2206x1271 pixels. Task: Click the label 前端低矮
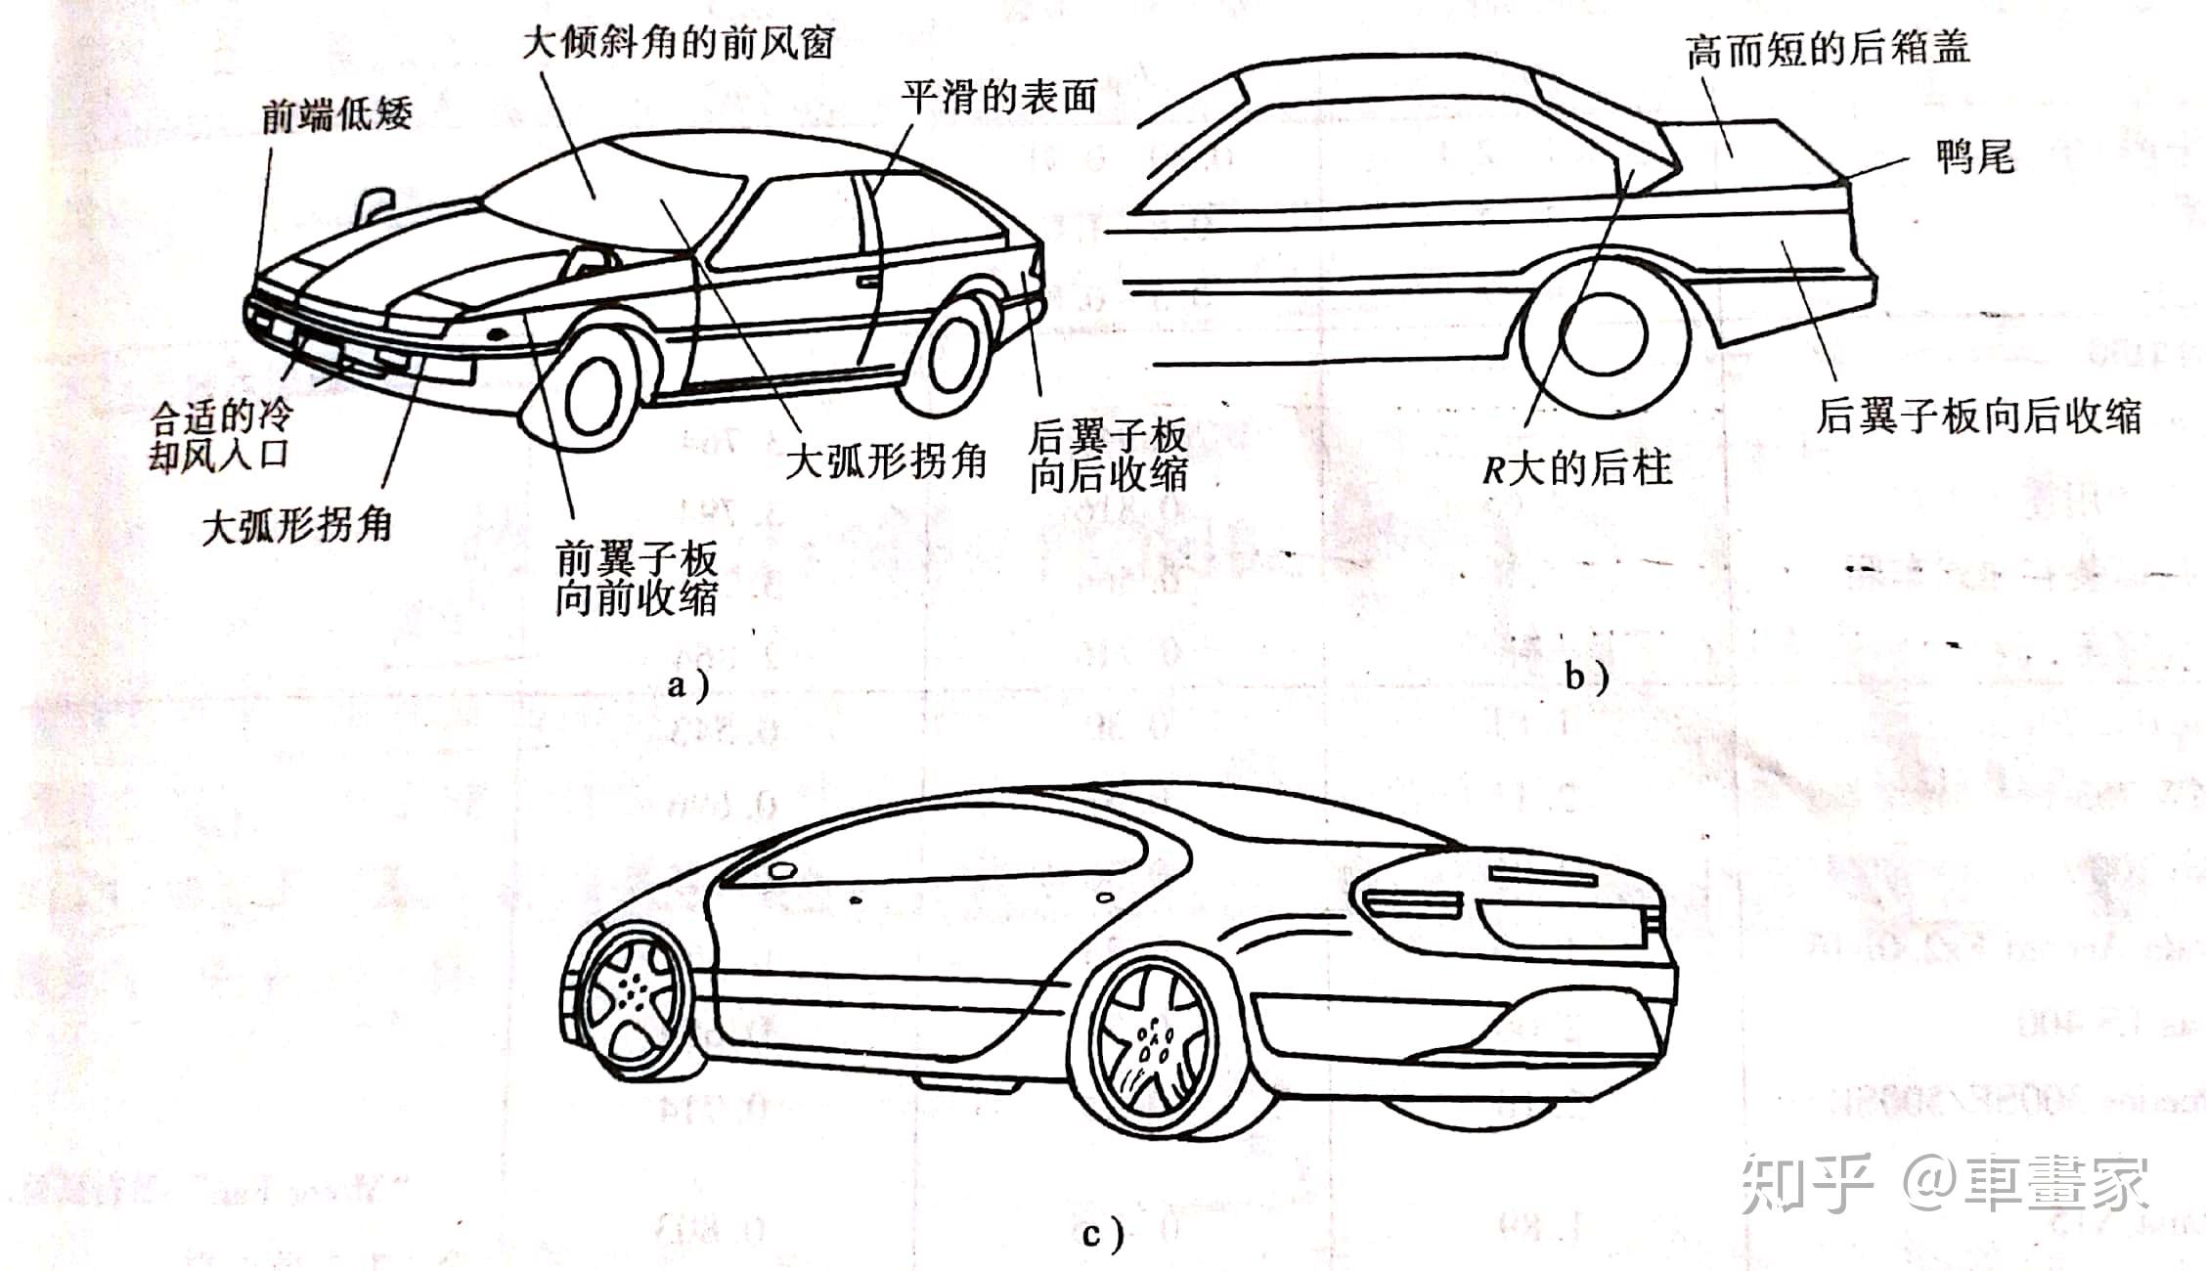point(336,115)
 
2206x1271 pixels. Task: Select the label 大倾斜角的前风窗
point(679,42)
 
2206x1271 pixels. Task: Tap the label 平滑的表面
point(998,96)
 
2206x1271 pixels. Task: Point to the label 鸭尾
point(1975,155)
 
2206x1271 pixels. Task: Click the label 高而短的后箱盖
point(1828,48)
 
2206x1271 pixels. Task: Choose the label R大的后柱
point(1576,468)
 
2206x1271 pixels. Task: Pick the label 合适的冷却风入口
point(220,436)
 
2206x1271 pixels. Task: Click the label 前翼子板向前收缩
point(637,578)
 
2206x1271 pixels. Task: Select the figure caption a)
point(687,684)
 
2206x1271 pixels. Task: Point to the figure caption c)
point(1102,1235)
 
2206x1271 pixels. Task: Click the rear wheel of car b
point(1604,332)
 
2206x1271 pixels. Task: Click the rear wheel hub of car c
point(1154,1041)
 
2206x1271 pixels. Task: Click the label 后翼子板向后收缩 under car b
point(1978,416)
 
